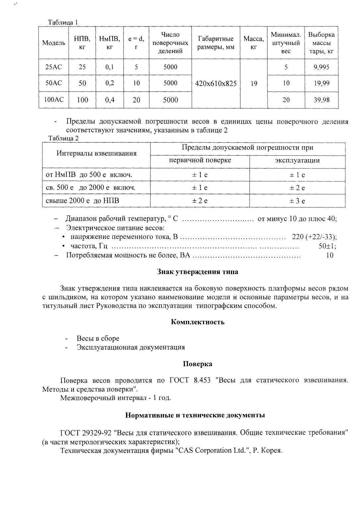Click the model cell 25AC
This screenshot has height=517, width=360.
tap(53, 67)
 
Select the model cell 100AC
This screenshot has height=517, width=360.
tap(53, 99)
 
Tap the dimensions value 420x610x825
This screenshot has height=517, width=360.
tap(216, 84)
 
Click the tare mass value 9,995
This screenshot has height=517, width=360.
tap(321, 67)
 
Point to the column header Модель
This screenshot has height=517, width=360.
tap(53, 43)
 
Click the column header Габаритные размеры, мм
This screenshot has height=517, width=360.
tap(216, 43)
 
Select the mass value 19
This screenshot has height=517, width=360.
tap(254, 84)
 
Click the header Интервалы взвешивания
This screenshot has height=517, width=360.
tap(96, 153)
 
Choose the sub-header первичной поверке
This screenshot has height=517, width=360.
tap(200, 160)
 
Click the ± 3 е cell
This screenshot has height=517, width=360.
tap(297, 201)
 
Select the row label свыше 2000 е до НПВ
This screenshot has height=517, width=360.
tap(82, 201)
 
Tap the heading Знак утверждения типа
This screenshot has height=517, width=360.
tap(198, 272)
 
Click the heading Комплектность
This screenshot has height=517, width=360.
tap(198, 322)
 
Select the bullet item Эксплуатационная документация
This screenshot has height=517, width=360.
tap(131, 347)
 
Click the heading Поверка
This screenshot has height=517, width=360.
tap(198, 364)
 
